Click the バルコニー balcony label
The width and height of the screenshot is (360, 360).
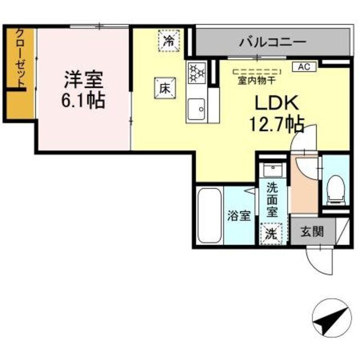point(272,40)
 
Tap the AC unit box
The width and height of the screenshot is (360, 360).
point(304,66)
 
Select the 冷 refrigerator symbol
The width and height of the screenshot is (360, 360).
point(169,40)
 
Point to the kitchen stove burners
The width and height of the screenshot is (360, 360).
point(197,72)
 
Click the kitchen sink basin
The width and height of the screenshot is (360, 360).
point(197,107)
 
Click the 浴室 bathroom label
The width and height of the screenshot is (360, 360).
point(238,215)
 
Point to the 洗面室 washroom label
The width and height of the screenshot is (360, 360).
point(272,199)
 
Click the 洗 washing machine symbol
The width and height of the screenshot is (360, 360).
point(272,233)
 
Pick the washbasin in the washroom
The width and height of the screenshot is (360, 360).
point(274,170)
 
